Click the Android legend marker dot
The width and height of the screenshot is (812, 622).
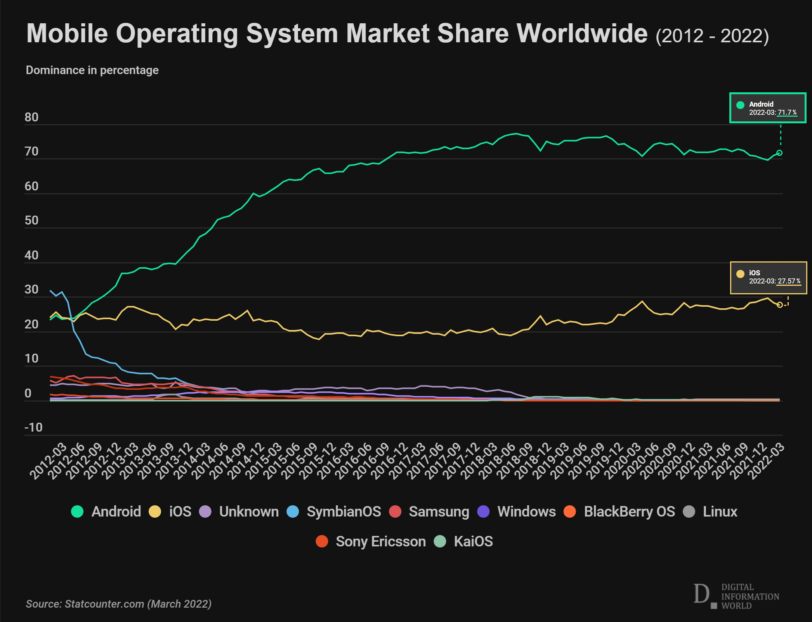click(x=77, y=511)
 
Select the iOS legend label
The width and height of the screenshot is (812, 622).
click(x=180, y=511)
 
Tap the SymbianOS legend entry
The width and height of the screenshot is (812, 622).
click(x=344, y=511)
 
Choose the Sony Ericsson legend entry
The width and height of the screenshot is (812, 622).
click(x=380, y=541)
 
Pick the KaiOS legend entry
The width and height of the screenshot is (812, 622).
click(x=473, y=541)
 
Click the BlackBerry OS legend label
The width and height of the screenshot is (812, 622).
click(x=629, y=511)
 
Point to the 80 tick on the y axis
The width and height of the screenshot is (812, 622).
click(x=31, y=117)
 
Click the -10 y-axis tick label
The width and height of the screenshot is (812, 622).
click(x=33, y=427)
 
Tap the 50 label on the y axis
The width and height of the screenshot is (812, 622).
click(x=31, y=220)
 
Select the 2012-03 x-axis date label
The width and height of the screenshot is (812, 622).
click(x=48, y=461)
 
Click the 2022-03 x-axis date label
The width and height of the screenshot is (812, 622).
click(x=766, y=461)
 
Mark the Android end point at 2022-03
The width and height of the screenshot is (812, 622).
click(x=779, y=153)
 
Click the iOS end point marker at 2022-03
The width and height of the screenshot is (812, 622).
click(x=779, y=305)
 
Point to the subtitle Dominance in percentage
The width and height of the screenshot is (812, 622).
click(x=92, y=70)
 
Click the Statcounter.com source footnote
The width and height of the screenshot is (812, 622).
click(x=119, y=604)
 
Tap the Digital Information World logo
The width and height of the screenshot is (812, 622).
click(x=736, y=596)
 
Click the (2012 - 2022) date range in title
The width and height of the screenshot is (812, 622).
click(x=712, y=36)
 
